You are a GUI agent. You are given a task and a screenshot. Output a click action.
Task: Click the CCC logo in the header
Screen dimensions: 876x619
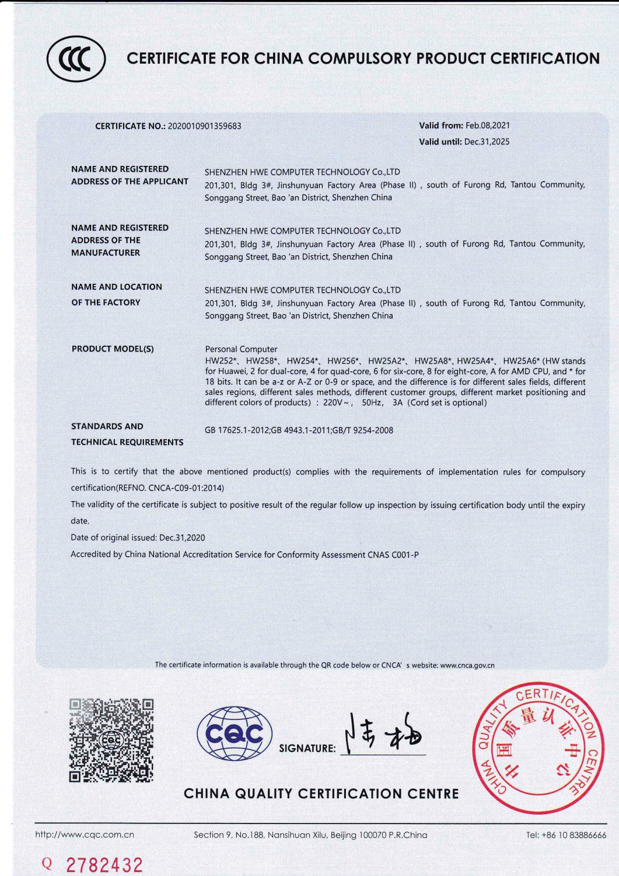point(76,58)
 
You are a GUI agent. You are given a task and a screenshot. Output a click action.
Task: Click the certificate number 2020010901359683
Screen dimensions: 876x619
point(204,126)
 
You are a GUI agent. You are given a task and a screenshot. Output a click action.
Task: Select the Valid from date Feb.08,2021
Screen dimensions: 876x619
point(488,126)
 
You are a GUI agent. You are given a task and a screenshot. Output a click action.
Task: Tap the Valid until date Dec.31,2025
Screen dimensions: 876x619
point(487,142)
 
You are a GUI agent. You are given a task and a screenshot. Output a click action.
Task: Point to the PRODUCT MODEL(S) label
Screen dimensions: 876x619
point(113,349)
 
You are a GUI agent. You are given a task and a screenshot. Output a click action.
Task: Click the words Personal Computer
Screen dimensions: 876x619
point(241,349)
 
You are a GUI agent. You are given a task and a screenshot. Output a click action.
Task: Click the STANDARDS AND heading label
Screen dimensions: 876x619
point(107,426)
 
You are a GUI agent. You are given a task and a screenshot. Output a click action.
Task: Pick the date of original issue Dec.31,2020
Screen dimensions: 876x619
point(182,537)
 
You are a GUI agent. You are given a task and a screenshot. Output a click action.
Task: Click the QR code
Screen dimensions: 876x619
point(111,740)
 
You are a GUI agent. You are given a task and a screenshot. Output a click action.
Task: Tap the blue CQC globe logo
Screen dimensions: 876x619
point(235,734)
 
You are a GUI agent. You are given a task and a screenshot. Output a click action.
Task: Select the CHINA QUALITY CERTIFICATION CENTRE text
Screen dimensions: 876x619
point(321,794)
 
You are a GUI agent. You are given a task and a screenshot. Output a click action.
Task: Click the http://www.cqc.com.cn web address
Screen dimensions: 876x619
point(85,835)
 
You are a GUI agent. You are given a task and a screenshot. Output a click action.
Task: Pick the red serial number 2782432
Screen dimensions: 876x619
point(104,864)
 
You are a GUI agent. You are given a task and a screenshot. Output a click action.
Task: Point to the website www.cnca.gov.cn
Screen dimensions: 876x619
point(467,665)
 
